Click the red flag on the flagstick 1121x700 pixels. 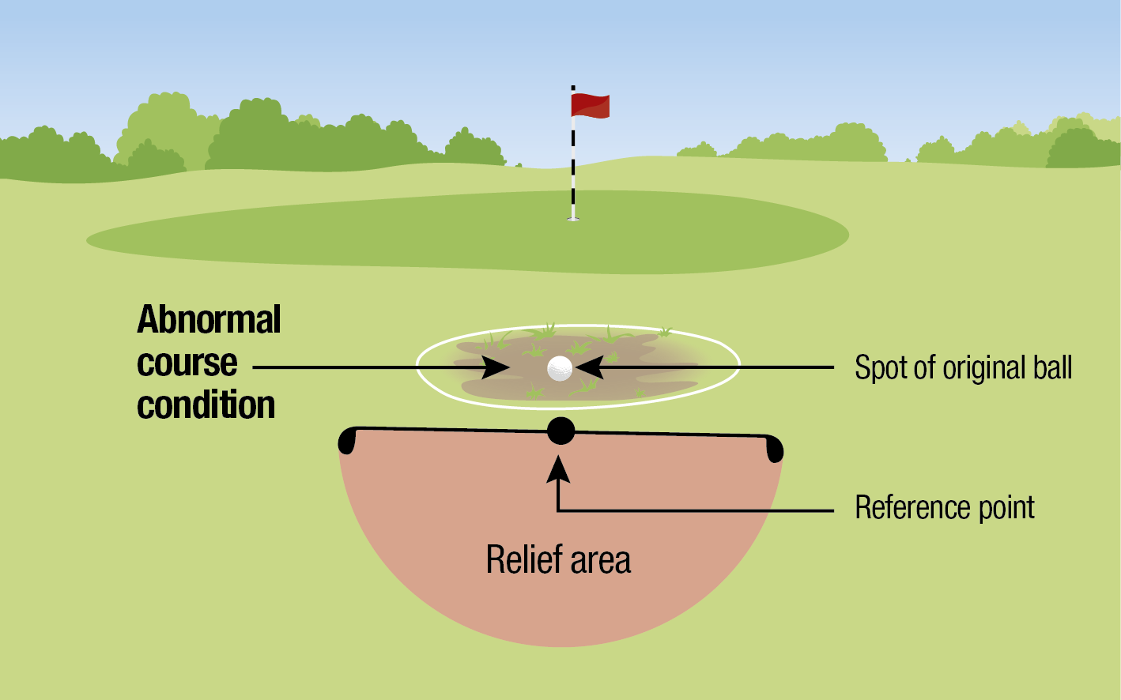[590, 105]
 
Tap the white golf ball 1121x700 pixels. [560, 367]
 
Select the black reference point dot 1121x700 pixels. [560, 431]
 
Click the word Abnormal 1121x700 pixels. [209, 320]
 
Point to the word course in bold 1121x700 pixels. [187, 363]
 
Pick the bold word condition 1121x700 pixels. [206, 405]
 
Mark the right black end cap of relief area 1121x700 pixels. [775, 449]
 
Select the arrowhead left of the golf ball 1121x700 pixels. [498, 367]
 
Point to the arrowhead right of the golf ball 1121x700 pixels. [590, 367]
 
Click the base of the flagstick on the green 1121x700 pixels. [573, 218]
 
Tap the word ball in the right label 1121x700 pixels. [1052, 368]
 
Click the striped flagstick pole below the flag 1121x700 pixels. [573, 166]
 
